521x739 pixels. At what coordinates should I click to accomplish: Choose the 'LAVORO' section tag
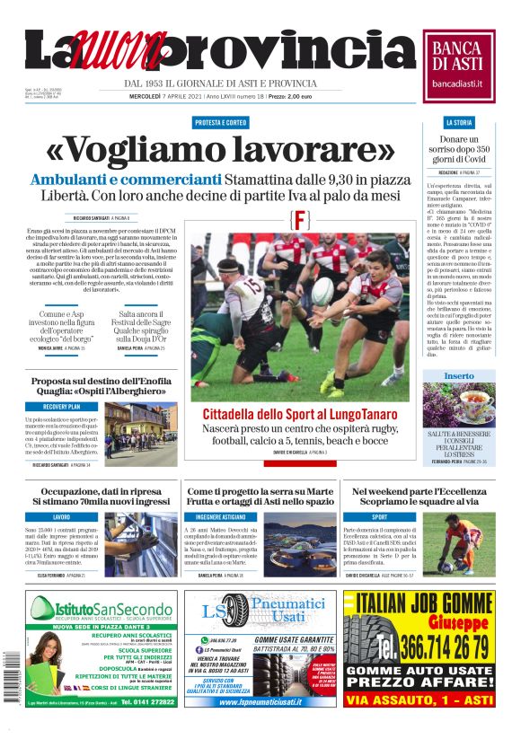tap(61, 517)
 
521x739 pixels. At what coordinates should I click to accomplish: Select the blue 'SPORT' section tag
tap(379, 517)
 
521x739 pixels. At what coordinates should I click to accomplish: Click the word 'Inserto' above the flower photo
tap(459, 375)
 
